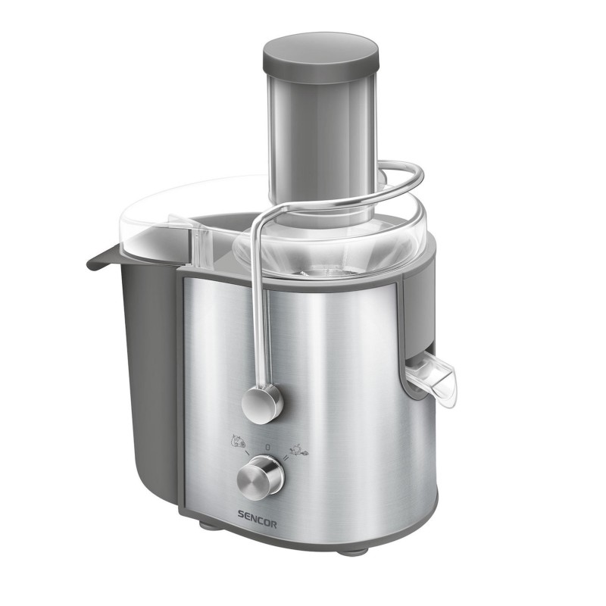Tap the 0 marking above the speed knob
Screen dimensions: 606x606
click(x=267, y=447)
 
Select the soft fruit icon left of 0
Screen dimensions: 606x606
click(x=238, y=441)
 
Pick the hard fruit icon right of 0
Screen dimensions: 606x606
click(x=298, y=449)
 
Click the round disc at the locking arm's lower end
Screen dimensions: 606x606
click(x=262, y=405)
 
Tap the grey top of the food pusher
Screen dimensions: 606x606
click(x=320, y=52)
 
